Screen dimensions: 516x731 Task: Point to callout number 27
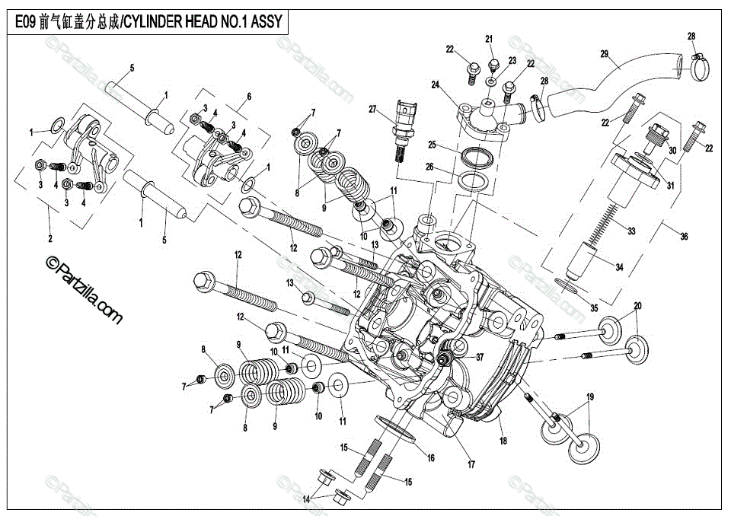372,110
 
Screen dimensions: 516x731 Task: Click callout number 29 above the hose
604,53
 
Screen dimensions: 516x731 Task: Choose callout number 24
436,84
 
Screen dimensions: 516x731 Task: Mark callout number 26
430,167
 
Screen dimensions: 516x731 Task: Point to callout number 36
684,237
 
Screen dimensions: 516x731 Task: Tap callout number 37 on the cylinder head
480,356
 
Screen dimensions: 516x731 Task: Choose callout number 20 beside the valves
637,306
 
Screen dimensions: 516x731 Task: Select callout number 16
431,458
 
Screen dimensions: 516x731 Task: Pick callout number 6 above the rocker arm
248,97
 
